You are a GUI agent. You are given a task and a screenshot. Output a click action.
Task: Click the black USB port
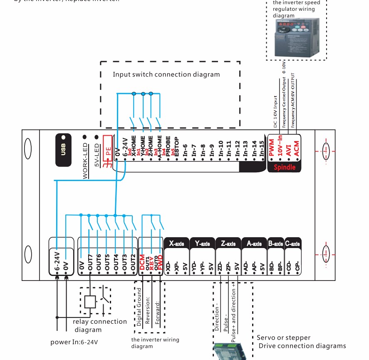(63, 150)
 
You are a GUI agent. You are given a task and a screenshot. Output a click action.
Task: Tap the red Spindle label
(285, 167)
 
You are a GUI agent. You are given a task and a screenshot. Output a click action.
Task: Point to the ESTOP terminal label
(176, 146)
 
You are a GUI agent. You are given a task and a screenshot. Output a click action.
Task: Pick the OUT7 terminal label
(90, 263)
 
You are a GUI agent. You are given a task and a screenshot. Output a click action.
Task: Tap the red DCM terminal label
(142, 263)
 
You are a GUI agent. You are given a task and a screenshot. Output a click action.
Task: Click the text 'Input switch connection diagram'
(166, 74)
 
